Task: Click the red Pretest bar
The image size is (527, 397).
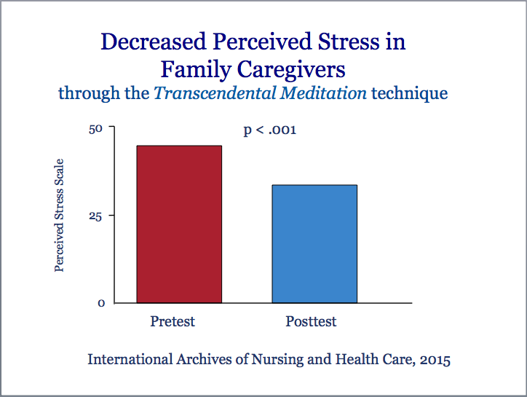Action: tap(179, 224)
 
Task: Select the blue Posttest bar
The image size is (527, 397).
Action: tap(314, 244)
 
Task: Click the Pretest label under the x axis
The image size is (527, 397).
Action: tap(173, 321)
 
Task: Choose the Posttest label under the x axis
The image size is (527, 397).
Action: tap(311, 321)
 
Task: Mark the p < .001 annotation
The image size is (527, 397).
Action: tap(270, 130)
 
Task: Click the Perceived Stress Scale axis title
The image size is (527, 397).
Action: tap(60, 215)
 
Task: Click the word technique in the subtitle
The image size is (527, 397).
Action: tap(410, 94)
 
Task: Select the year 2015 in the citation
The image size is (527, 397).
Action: tap(434, 360)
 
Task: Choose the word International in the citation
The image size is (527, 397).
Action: tap(127, 360)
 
